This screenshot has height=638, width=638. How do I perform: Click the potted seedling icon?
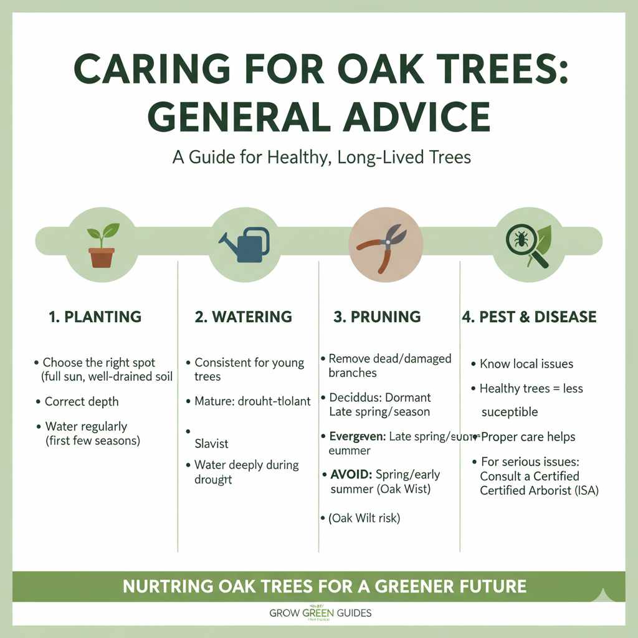102,245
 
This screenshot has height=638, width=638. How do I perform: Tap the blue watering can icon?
244,244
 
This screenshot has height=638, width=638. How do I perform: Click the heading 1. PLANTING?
95,317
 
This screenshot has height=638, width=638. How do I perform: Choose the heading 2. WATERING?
243,317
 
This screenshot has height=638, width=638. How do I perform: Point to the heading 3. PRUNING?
377,317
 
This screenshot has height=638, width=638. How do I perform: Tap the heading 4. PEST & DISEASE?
529,317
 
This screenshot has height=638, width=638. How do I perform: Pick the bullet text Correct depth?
81,401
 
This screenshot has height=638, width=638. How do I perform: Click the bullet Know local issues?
526,364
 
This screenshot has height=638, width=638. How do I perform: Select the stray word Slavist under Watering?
211,444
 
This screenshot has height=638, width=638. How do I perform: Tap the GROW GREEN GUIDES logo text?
320,613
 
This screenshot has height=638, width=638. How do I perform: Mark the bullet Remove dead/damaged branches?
389,366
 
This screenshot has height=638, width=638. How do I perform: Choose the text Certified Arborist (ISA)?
539,490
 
